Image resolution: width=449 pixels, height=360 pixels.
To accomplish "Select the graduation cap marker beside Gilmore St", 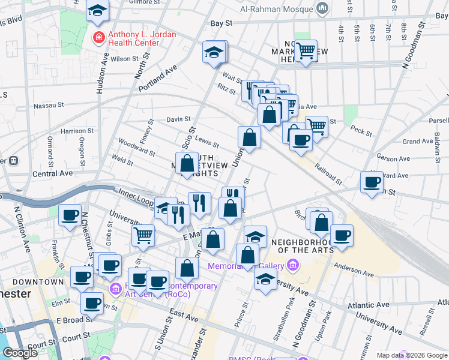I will click(x=97, y=10).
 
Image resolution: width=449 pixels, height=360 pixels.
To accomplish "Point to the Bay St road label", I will click(x=221, y=23).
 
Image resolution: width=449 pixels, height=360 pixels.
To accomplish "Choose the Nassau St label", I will click(x=49, y=105).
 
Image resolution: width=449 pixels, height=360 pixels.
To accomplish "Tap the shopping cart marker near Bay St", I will click(x=306, y=51).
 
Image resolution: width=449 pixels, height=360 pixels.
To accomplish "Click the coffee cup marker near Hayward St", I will click(x=371, y=181).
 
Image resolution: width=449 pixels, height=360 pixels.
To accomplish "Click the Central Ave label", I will click(x=52, y=173).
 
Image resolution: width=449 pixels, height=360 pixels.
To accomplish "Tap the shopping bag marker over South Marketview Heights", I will click(x=188, y=163).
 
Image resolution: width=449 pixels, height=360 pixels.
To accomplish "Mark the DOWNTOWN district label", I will click(x=40, y=281).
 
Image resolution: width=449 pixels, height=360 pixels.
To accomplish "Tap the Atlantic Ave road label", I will click(x=368, y=306).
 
